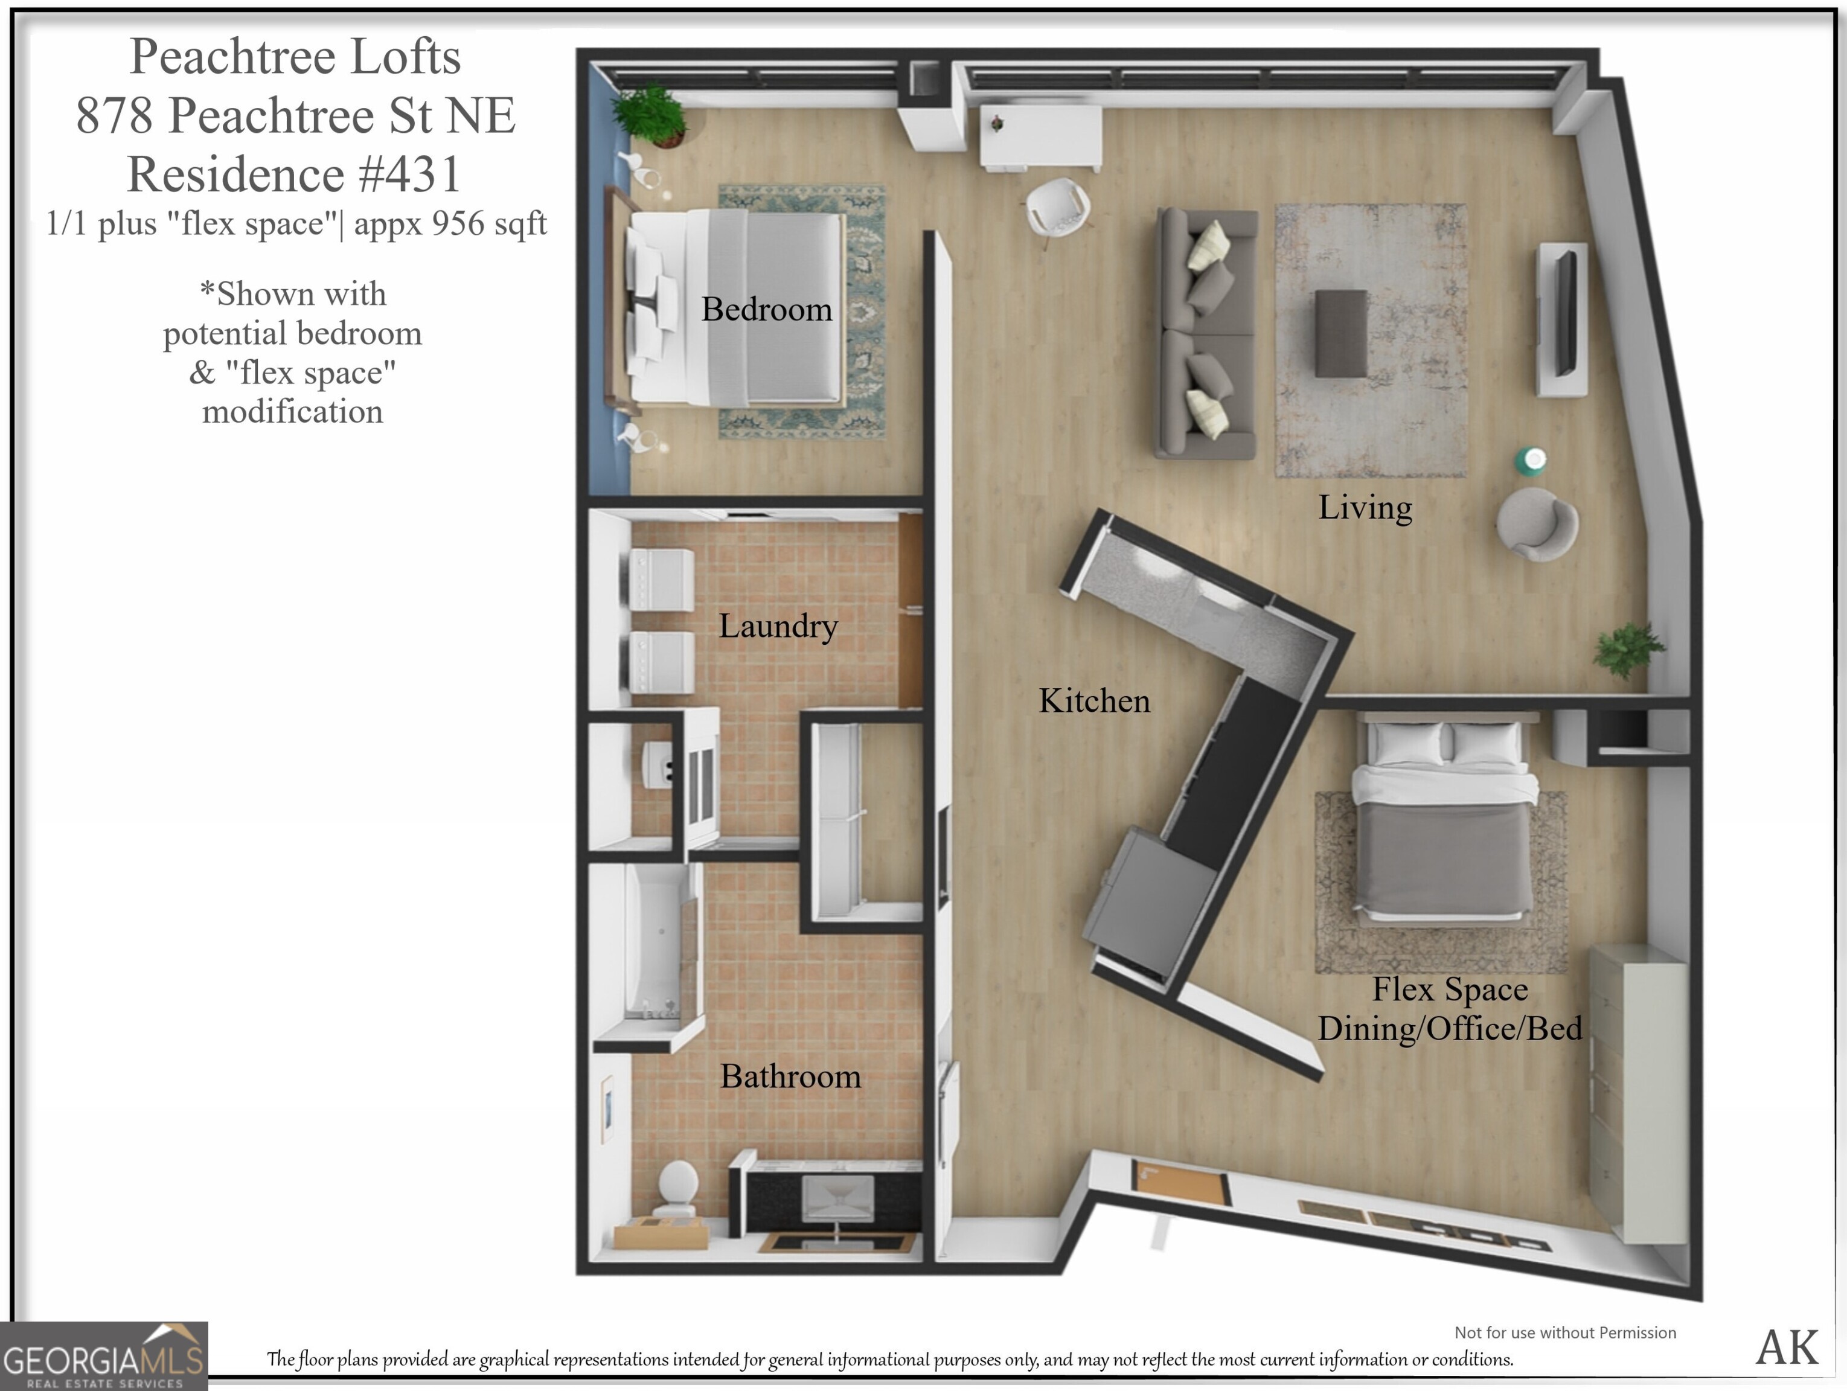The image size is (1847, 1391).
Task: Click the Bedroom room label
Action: (766, 310)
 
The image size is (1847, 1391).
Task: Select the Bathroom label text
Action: (790, 1076)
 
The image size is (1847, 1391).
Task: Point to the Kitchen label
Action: (1094, 700)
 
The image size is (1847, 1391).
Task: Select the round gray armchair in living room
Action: (1535, 524)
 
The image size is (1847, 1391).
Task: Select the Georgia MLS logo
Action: (103, 1357)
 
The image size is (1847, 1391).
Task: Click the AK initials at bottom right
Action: (1786, 1347)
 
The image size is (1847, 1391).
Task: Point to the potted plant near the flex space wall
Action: (1627, 649)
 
